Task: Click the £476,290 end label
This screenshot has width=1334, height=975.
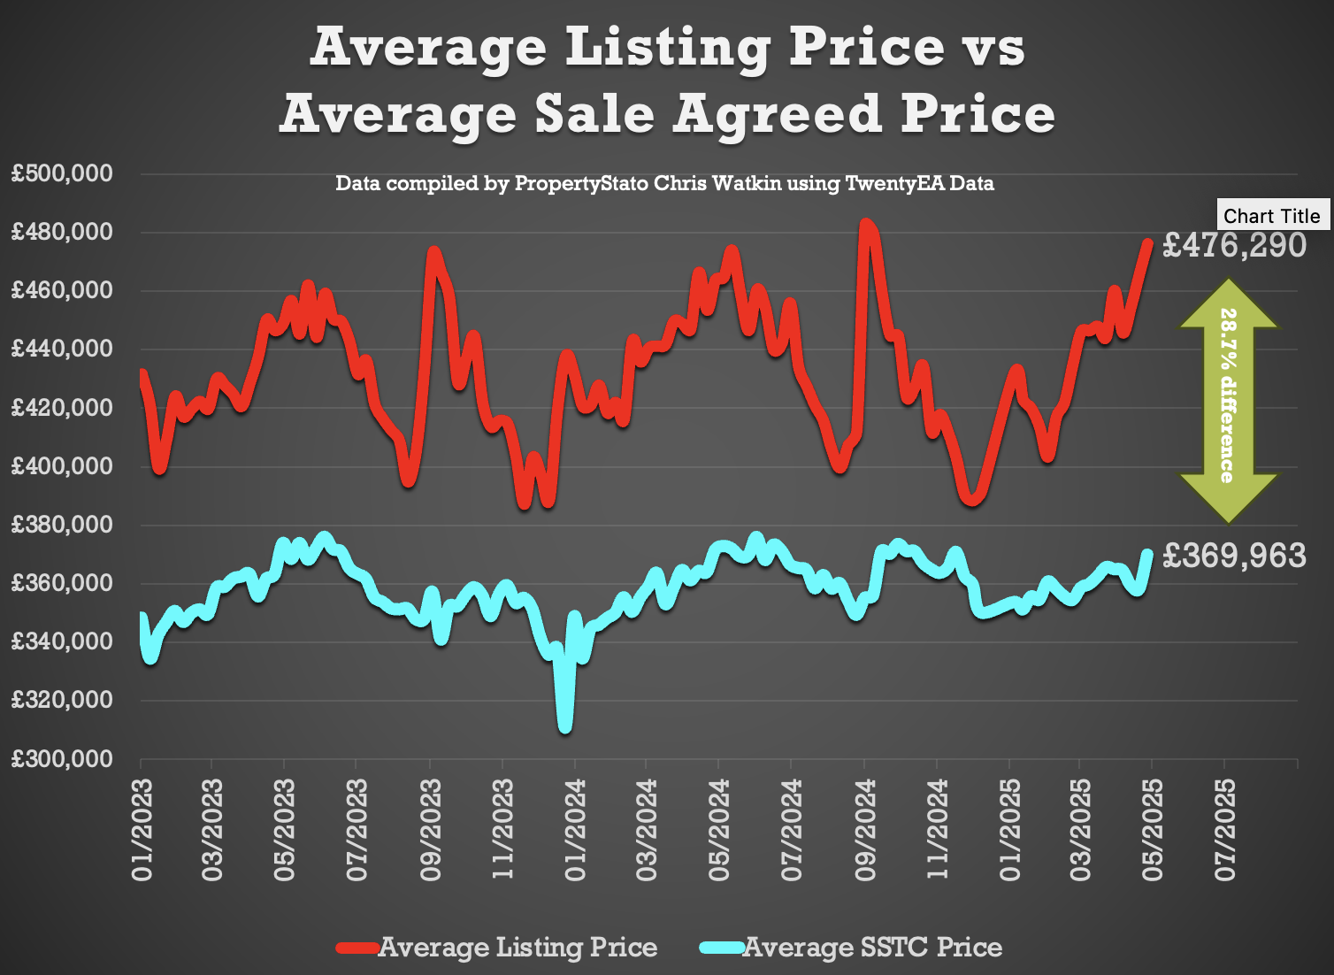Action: point(1233,245)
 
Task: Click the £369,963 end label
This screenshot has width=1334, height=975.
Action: point(1233,556)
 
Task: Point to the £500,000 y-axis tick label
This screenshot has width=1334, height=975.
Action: point(62,173)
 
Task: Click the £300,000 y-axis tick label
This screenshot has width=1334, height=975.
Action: point(62,759)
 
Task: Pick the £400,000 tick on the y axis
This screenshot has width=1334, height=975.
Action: point(62,466)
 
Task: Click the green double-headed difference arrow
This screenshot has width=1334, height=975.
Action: point(1229,400)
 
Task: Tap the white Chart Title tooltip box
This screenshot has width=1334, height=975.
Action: point(1271,216)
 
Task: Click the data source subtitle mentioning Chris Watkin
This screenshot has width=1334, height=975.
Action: point(664,184)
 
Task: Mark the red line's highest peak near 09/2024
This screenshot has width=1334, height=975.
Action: point(866,225)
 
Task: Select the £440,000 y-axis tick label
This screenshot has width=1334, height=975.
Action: point(62,349)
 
